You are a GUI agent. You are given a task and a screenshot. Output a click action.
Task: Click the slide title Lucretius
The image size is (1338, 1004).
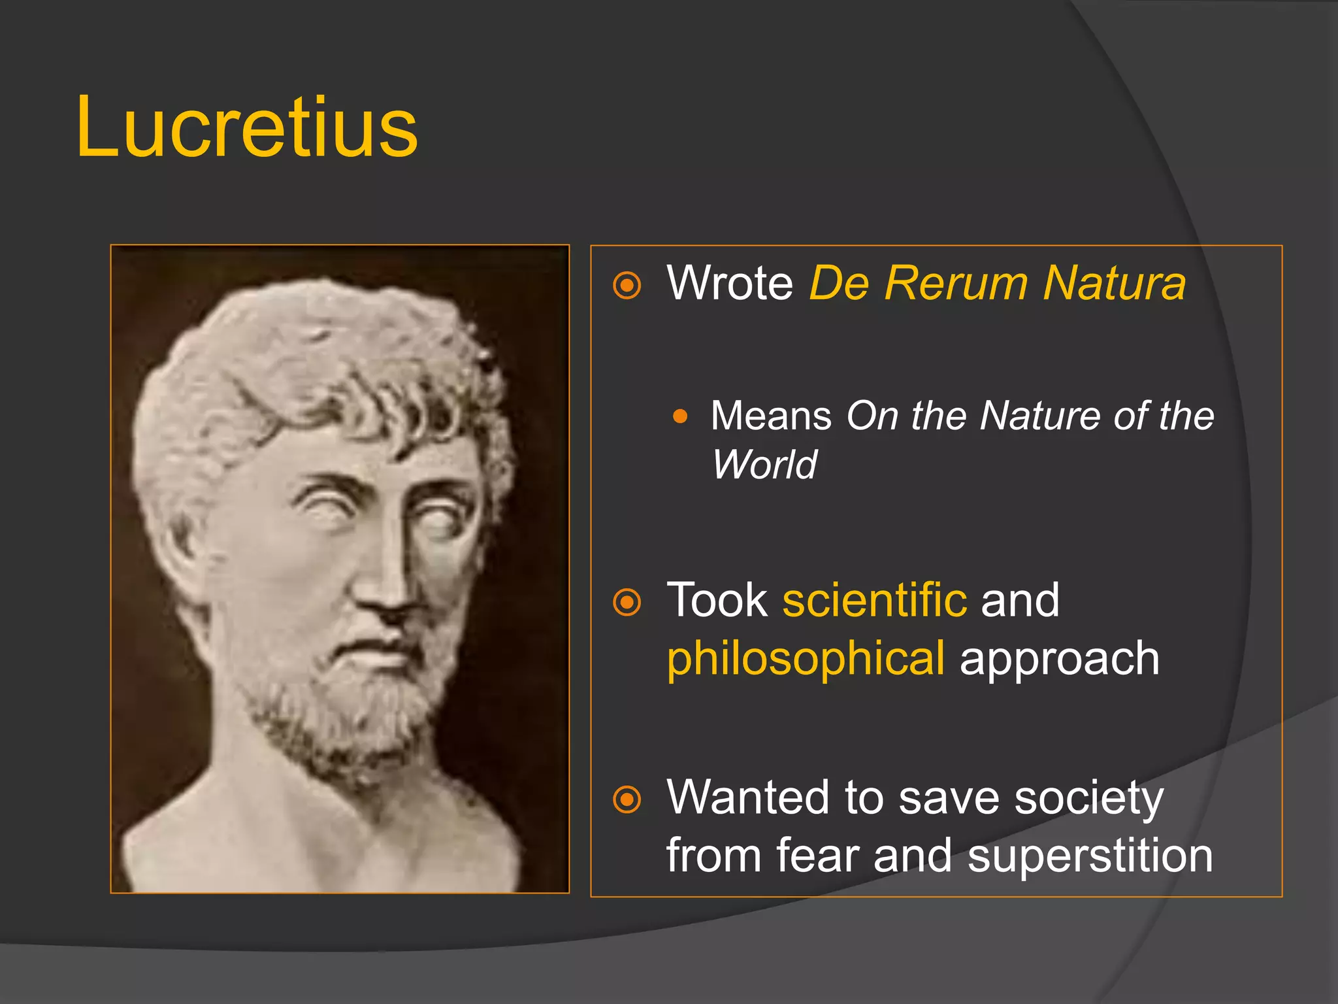pyautogui.click(x=246, y=127)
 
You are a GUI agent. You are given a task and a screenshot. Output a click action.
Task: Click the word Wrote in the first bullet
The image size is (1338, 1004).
pyautogui.click(x=730, y=283)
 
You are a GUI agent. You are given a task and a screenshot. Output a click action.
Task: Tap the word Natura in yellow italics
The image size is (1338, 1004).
pyautogui.click(x=1114, y=283)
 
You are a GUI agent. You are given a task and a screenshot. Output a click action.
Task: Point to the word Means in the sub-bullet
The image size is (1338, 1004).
pyautogui.click(x=771, y=416)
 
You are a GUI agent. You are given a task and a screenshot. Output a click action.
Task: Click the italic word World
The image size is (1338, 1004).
pyautogui.click(x=764, y=465)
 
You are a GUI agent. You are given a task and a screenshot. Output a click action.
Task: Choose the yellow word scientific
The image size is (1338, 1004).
pyautogui.click(x=874, y=600)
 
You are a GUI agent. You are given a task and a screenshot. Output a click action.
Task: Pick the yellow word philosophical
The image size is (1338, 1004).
pyautogui.click(x=806, y=659)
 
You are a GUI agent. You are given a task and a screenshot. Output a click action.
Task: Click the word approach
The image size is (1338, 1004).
pyautogui.click(x=1059, y=659)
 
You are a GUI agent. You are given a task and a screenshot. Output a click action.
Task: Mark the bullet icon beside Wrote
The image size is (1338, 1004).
pyautogui.click(x=627, y=285)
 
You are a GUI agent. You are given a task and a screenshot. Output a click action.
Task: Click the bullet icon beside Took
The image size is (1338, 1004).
pyautogui.click(x=627, y=602)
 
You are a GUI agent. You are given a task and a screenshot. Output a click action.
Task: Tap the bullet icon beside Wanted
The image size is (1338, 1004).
pyautogui.click(x=627, y=799)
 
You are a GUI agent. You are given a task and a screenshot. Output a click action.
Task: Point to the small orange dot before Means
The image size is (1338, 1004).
pyautogui.click(x=680, y=416)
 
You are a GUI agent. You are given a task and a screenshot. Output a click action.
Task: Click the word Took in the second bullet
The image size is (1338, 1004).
pyautogui.click(x=717, y=600)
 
